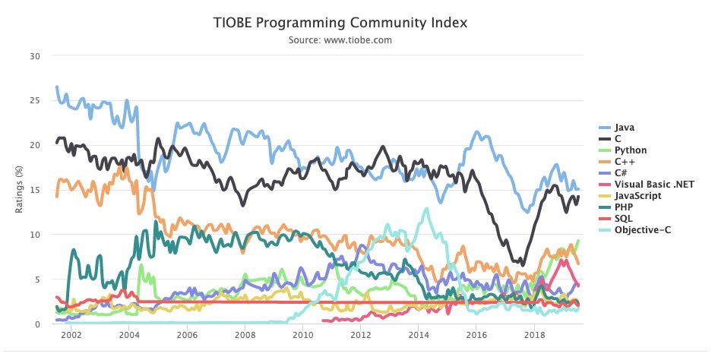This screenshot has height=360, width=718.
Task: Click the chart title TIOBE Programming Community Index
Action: tap(340, 24)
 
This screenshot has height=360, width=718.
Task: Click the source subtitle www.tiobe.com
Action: tap(340, 40)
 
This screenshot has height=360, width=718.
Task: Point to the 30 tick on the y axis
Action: tap(35, 56)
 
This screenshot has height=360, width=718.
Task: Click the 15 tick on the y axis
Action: tap(35, 190)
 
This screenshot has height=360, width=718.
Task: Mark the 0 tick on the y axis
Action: tap(37, 324)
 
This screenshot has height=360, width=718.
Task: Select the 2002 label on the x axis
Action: tap(71, 335)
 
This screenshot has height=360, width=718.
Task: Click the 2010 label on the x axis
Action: tap(302, 335)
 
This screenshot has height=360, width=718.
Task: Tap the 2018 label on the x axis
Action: tap(534, 335)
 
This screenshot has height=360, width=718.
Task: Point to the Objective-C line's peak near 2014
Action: tap(427, 208)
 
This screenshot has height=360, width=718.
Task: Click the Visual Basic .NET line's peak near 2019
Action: tap(564, 261)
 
